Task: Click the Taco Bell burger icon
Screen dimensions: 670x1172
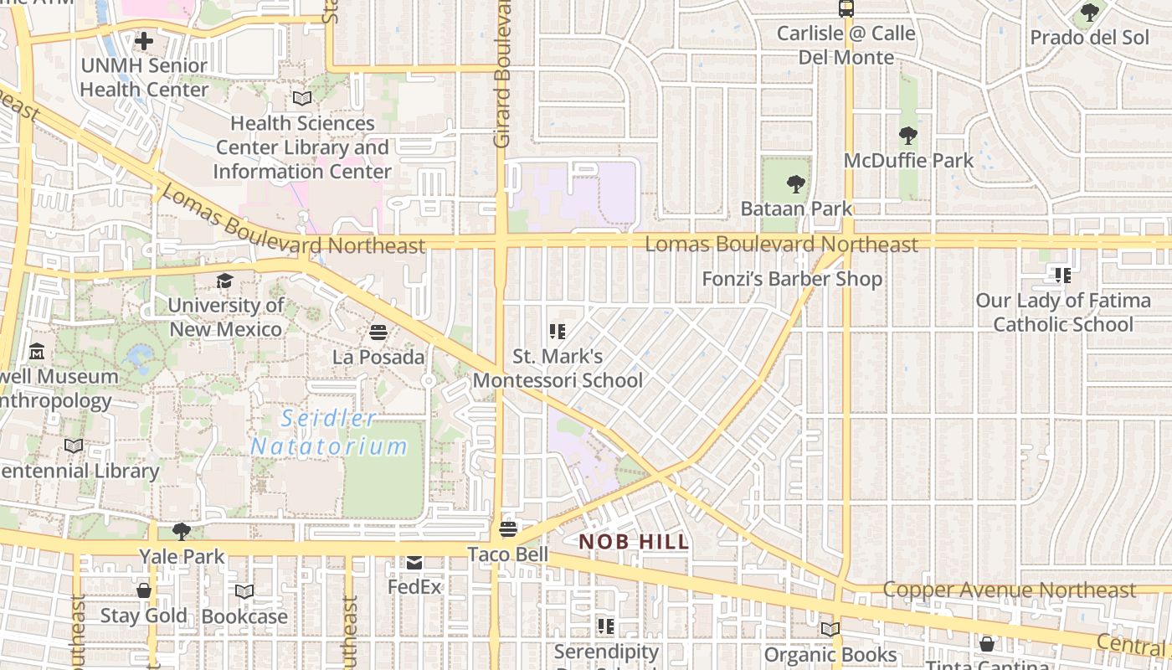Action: click(507, 529)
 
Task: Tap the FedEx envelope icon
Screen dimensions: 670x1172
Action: click(414, 562)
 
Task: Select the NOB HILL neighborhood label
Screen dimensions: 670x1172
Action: click(634, 542)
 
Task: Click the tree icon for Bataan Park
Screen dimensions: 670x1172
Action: click(795, 183)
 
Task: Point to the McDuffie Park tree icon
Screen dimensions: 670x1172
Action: click(907, 136)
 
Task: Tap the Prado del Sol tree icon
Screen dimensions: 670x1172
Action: click(1089, 13)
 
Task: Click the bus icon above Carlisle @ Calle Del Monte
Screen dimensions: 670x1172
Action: click(846, 9)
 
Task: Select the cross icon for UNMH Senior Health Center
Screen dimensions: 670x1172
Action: click(144, 40)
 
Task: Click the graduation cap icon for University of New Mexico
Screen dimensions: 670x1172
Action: click(224, 281)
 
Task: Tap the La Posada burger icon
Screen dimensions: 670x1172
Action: click(378, 332)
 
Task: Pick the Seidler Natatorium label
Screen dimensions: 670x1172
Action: click(328, 432)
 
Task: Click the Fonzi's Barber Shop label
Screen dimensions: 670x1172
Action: click(791, 279)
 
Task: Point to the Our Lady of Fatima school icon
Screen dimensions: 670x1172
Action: click(1062, 275)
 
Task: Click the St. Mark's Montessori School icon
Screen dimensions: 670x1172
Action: click(557, 332)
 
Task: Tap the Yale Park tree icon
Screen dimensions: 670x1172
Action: click(181, 531)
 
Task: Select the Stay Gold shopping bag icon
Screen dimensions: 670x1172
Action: click(144, 590)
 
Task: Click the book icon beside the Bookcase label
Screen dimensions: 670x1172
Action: click(244, 591)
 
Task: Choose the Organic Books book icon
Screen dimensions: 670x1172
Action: click(830, 629)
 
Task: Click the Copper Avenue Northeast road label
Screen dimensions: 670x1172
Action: click(1009, 590)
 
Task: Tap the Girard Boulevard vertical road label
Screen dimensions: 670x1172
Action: click(502, 75)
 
